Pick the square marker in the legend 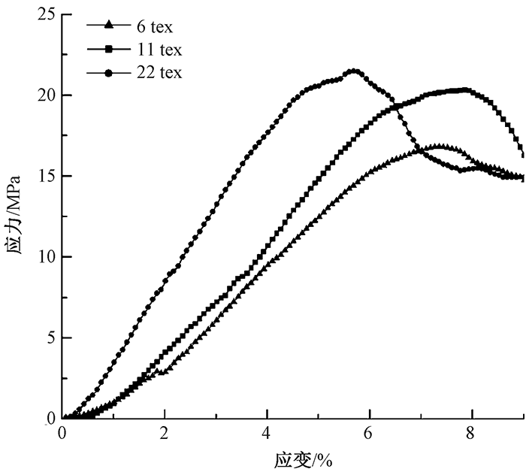108,49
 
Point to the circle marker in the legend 108,72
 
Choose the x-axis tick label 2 165,434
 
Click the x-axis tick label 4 267,434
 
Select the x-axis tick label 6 369,434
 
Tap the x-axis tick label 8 471,434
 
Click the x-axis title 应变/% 293,458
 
